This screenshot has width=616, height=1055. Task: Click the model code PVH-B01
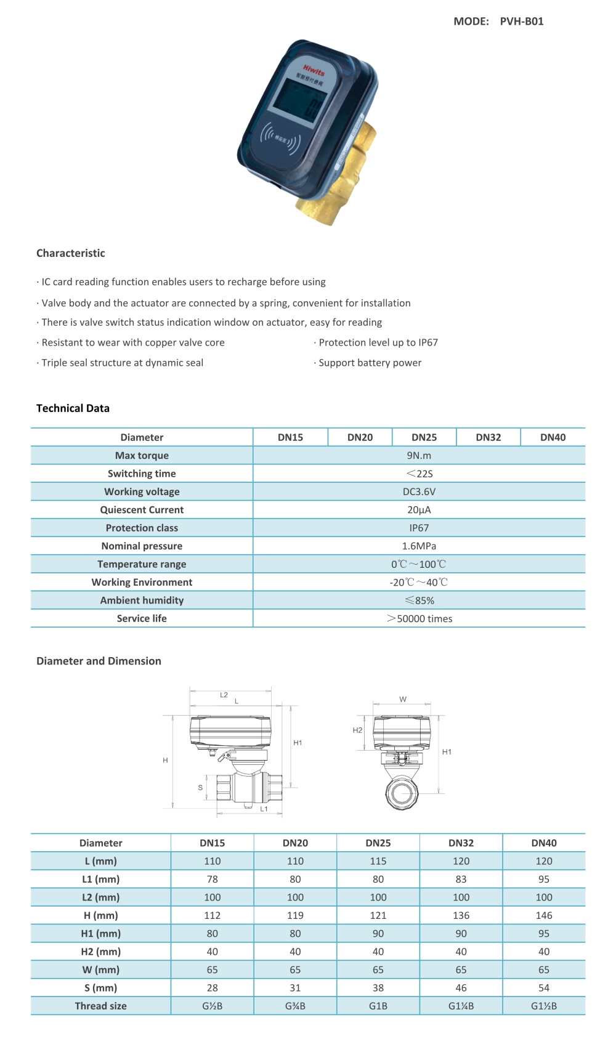tap(521, 22)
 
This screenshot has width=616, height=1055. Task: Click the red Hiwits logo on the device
tap(314, 71)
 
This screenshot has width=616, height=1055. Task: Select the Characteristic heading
tap(71, 253)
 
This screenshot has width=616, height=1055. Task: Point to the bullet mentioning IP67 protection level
tap(378, 342)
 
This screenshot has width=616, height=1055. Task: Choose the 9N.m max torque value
tap(419, 456)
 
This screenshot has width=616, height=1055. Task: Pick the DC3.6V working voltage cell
tap(419, 491)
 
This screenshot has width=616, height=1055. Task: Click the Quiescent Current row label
tap(142, 510)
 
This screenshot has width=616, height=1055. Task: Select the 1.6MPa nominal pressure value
tap(419, 546)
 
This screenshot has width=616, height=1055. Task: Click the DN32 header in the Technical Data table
tap(488, 437)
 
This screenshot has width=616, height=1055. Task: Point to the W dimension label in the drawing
tap(403, 699)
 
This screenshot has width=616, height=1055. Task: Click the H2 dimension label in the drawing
tap(357, 730)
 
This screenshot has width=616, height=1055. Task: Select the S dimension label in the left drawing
tap(200, 788)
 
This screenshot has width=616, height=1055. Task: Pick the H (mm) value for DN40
tap(543, 916)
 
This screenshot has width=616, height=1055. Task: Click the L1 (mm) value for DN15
tap(212, 879)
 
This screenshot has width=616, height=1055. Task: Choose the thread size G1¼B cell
tap(461, 1006)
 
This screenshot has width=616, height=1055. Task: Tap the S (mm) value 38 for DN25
tap(378, 988)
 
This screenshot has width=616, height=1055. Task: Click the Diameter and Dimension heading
tap(99, 661)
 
